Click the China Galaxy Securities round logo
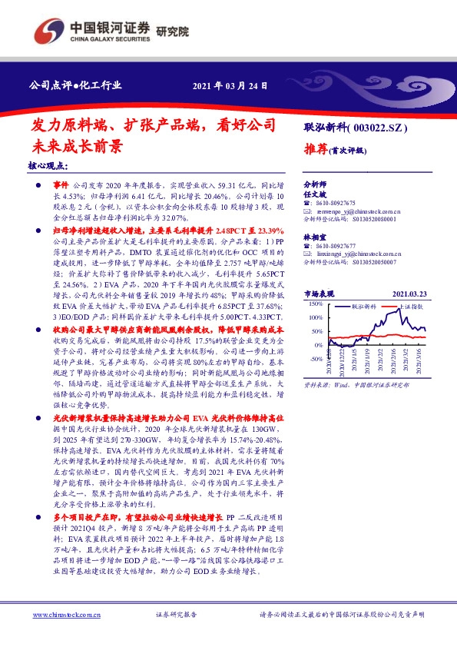pos(48,30)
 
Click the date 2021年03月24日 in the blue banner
pos(230,85)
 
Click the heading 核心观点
pos(48,166)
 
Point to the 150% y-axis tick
pos(315,304)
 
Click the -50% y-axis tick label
pos(315,358)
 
